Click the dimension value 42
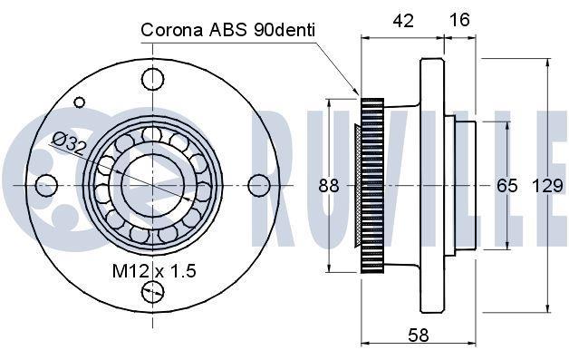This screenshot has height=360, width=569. (403, 21)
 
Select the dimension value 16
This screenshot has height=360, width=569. (459, 20)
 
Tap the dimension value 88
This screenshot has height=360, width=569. (329, 186)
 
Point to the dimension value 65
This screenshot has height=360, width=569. (507, 186)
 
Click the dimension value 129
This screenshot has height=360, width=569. (547, 186)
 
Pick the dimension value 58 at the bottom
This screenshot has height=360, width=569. (419, 335)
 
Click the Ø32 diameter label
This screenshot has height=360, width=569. (69, 142)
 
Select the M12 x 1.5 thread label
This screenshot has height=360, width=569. (154, 270)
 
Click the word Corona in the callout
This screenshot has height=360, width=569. (172, 30)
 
